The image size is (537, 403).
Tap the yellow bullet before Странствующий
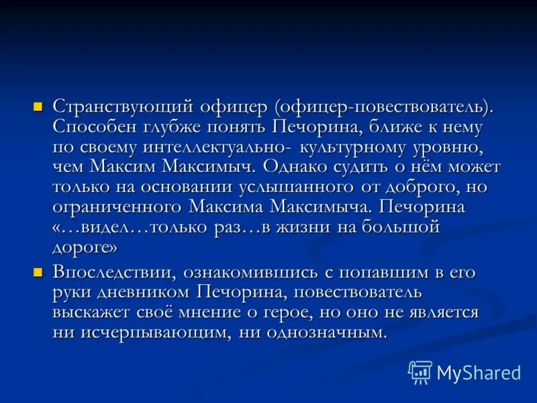click(38, 105)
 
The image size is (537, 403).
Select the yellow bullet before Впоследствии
click(38, 272)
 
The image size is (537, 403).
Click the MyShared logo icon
click(420, 371)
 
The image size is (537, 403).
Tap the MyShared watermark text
click(479, 372)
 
